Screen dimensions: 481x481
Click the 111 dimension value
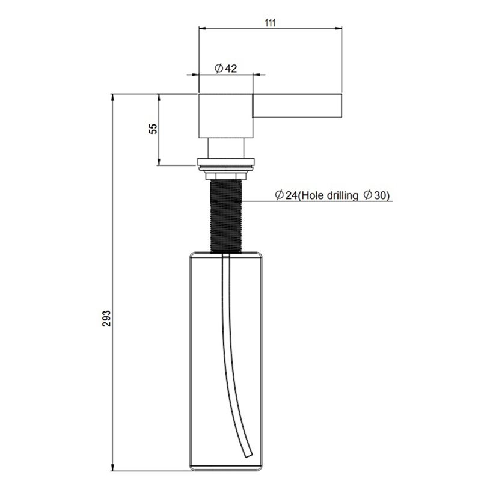tap(270, 23)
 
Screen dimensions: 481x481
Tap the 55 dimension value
tap(153, 129)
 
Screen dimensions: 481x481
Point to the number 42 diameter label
tap(231, 69)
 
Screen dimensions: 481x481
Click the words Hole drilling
tap(328, 195)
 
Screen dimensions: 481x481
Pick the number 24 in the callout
tap(291, 195)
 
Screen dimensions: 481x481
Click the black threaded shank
tap(226, 216)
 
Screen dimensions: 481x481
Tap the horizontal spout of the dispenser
tap(297, 106)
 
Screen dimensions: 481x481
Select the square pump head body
tap(226, 115)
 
